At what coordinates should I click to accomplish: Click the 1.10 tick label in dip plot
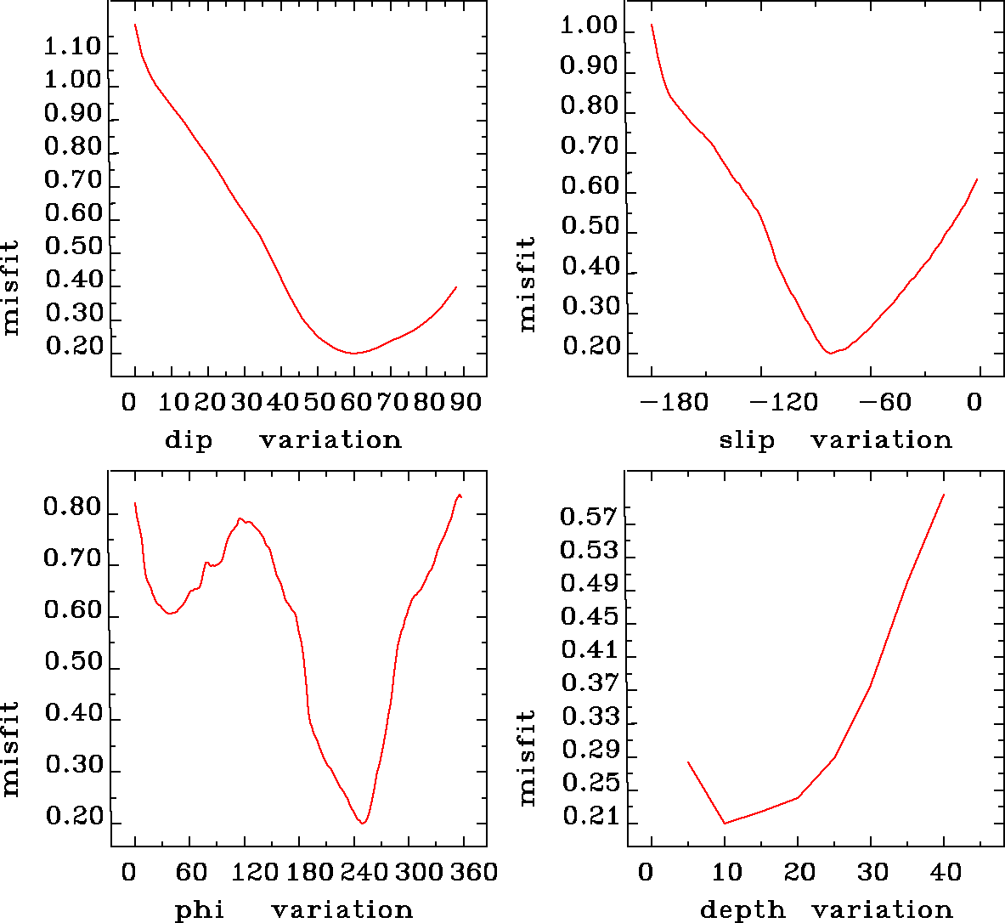(72, 47)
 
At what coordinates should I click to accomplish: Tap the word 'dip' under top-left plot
(189, 440)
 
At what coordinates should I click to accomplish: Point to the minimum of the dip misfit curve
(354, 353)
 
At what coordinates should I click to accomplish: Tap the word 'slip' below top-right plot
(747, 440)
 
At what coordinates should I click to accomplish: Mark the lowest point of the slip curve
(831, 353)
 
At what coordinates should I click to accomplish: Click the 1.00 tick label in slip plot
(589, 26)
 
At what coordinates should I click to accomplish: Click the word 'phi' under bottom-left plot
(200, 911)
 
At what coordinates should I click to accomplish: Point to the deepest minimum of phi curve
(363, 823)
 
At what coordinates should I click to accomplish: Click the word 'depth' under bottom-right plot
(742, 911)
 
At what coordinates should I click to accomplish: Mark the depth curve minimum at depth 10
(725, 823)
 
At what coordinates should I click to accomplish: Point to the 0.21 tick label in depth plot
(589, 817)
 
